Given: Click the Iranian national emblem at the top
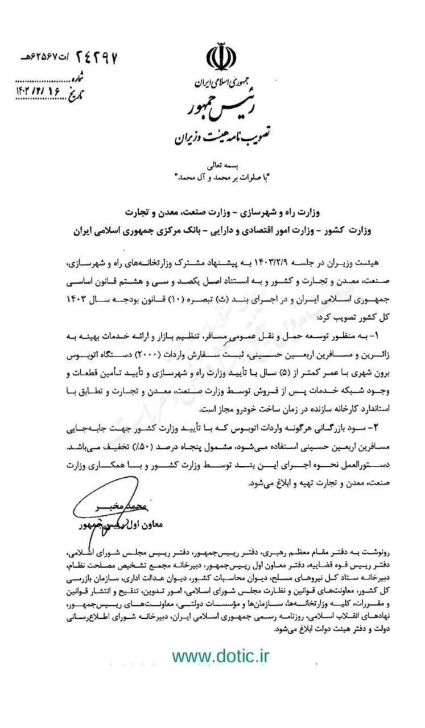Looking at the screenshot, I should click(221, 57).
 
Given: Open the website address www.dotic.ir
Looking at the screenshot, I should click(221, 656).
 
